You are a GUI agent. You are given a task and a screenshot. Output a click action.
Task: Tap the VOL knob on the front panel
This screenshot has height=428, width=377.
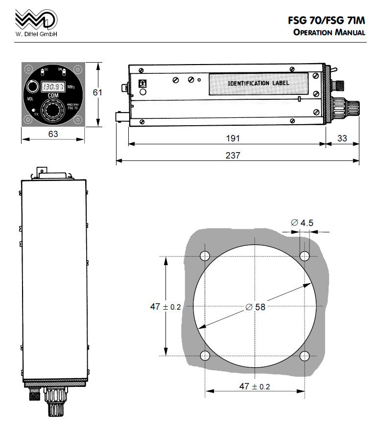[33, 87]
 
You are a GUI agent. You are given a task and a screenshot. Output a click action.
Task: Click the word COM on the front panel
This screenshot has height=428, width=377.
[53, 96]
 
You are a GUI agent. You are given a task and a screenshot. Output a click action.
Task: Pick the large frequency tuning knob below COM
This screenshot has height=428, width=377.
[52, 112]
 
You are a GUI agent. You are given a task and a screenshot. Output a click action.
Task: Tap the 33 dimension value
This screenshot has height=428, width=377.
[342, 139]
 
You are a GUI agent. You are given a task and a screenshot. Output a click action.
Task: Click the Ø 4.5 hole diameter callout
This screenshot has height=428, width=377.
[302, 223]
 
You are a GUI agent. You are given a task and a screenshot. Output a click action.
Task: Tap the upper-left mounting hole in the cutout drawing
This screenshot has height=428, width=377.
[205, 256]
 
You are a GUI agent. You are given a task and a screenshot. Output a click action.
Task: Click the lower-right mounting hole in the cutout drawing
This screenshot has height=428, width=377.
[305, 356]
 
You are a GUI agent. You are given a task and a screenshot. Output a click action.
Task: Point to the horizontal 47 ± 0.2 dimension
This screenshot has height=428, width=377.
[254, 386]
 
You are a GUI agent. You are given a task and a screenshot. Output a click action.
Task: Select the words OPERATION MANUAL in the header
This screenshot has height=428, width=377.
[329, 33]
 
